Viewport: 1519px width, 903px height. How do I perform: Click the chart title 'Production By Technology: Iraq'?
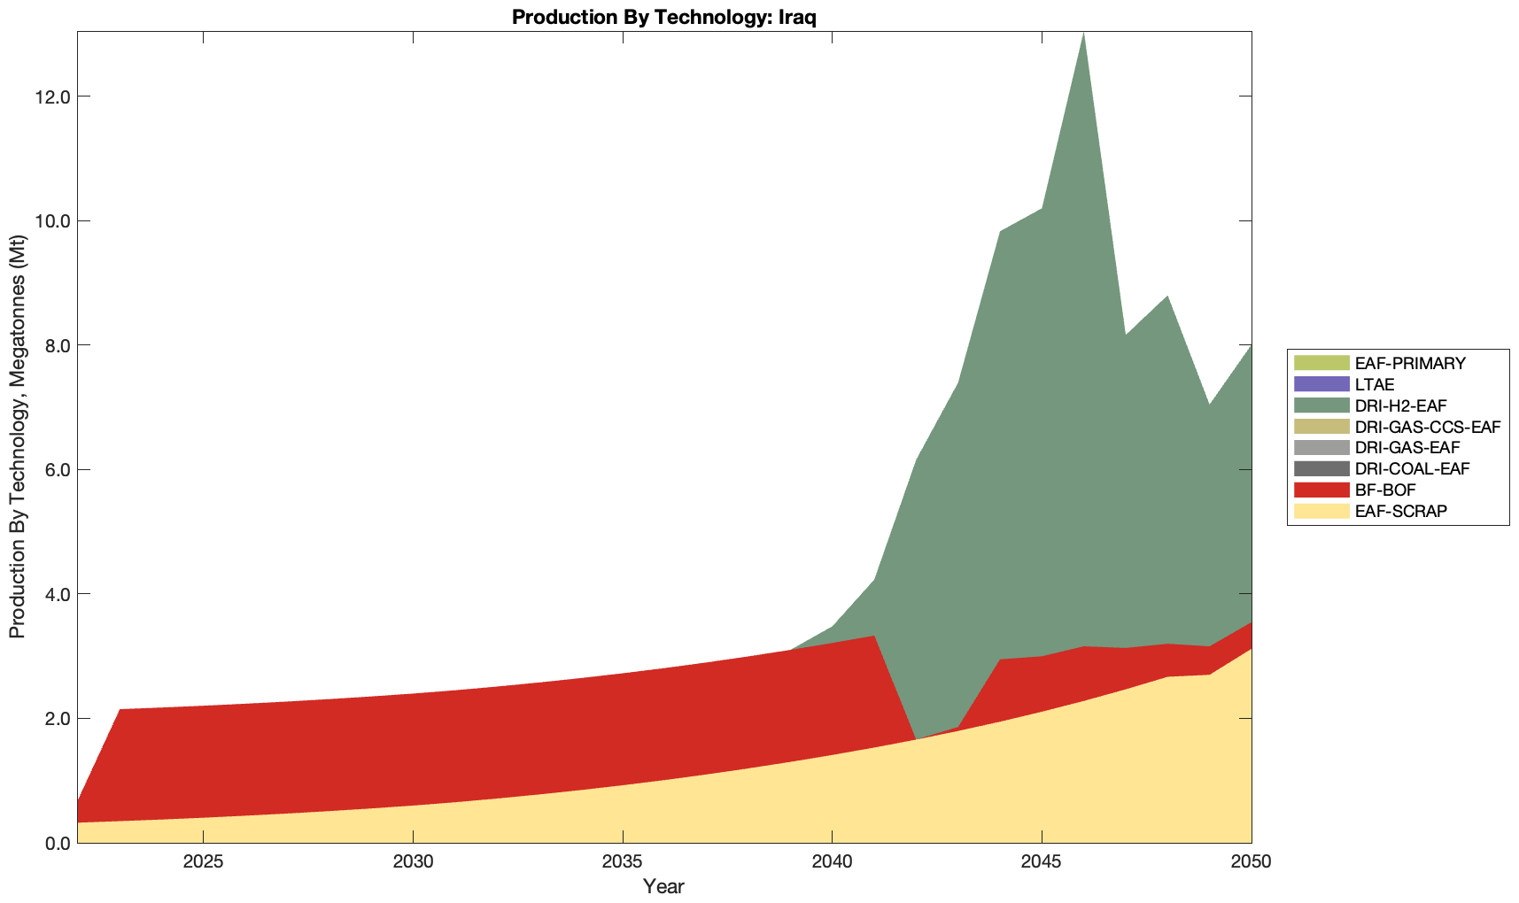[663, 17]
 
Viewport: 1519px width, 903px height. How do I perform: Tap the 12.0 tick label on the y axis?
[52, 96]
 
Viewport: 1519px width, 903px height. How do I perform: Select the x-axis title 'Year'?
[663, 886]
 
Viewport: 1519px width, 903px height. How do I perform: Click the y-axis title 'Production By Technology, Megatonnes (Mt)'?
[17, 436]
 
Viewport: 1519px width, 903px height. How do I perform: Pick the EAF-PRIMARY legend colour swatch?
[1321, 363]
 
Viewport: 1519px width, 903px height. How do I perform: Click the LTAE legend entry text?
[1375, 384]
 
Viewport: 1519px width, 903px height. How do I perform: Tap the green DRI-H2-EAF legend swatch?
[1321, 405]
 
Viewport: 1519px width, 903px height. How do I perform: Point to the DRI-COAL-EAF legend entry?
[1412, 468]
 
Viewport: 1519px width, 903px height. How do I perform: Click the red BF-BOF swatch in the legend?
[1321, 490]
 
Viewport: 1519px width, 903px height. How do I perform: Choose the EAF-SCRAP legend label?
[1400, 511]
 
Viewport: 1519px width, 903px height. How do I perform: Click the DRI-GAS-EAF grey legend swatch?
[1321, 448]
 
